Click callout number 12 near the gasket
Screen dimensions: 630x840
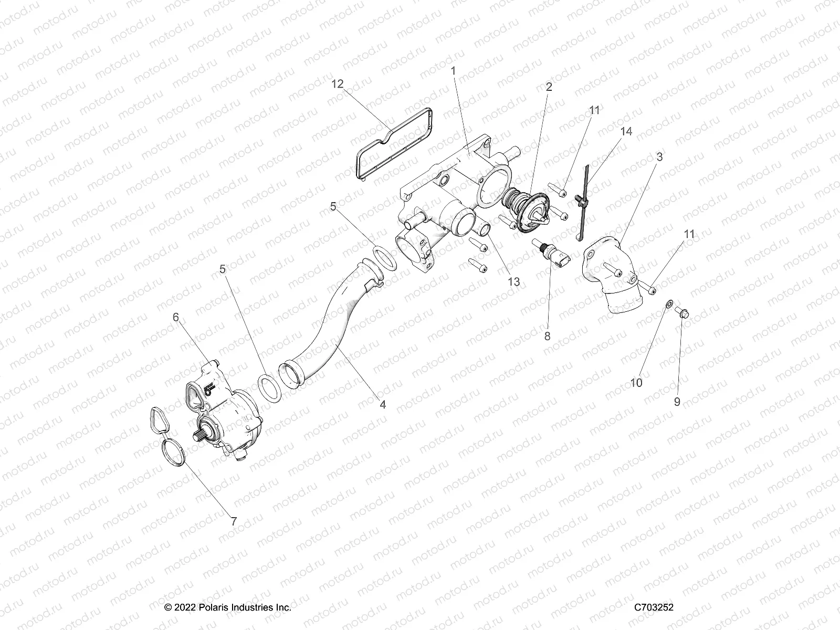(x=338, y=84)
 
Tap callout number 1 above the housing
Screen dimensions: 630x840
(x=454, y=70)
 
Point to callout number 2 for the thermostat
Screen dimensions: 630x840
(x=549, y=87)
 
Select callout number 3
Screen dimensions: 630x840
(x=659, y=156)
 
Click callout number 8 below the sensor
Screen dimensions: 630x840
(x=548, y=336)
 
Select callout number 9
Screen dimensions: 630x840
(x=677, y=402)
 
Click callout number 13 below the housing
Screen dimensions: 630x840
(x=513, y=281)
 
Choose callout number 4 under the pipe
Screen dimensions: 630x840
(x=383, y=404)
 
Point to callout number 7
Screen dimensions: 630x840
(x=234, y=521)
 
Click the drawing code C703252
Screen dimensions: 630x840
(x=654, y=607)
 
